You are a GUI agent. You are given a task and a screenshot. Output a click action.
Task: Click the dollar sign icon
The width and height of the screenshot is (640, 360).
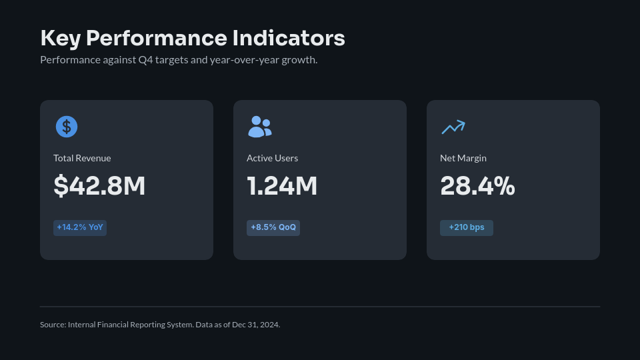tap(67, 127)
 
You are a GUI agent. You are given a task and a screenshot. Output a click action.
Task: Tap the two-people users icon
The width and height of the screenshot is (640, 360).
tap(260, 127)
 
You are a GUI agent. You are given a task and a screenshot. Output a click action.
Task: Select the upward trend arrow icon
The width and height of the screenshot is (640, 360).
tap(453, 127)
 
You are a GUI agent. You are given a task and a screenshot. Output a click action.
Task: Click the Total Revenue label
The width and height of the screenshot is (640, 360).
tap(82, 158)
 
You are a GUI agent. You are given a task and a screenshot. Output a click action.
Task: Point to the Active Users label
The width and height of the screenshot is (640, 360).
tap(272, 158)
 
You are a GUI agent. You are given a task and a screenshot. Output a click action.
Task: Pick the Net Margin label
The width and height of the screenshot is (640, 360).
tap(463, 158)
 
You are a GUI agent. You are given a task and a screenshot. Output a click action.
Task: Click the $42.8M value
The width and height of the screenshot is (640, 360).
tap(99, 186)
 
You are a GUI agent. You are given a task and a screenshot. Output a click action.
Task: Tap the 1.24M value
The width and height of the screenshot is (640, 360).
tap(282, 186)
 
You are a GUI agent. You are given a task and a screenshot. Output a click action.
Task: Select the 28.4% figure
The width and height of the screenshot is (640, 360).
tap(477, 186)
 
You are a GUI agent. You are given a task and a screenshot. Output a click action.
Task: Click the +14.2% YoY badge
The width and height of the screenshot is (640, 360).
tap(80, 227)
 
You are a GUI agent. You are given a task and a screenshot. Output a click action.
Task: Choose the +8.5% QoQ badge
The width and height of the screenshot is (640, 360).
tap(273, 227)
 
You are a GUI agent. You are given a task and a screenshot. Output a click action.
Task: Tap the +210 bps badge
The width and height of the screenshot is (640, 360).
tap(467, 227)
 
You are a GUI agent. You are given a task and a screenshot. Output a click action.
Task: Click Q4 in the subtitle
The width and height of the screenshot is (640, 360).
tap(145, 60)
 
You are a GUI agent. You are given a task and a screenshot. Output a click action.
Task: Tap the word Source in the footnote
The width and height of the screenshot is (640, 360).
tap(52, 325)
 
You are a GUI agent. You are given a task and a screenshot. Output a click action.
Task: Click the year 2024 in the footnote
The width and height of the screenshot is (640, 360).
tap(269, 325)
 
